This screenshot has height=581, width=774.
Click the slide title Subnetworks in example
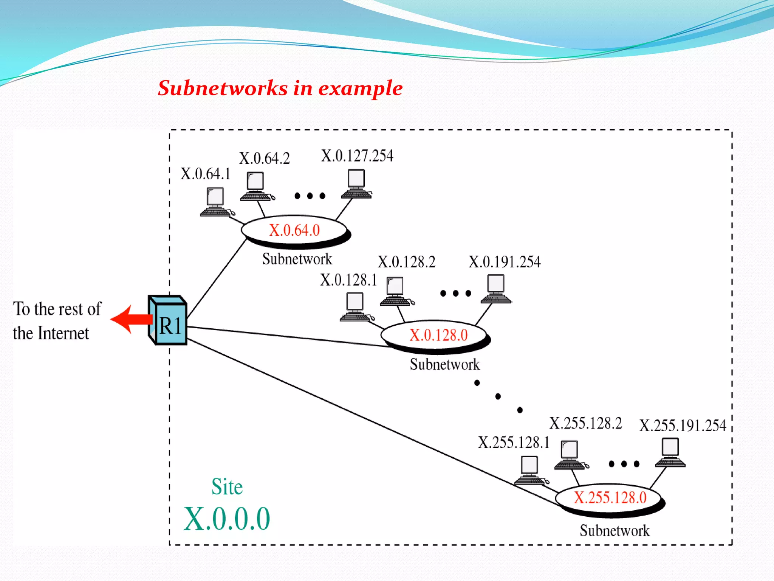280,88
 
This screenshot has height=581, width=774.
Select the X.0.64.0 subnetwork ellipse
294,230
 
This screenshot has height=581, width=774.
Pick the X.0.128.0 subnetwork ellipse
435,335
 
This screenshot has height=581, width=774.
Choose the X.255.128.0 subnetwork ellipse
609,498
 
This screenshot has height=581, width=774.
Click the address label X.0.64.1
205,174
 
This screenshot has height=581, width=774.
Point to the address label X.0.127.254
357,156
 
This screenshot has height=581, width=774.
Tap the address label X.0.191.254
505,262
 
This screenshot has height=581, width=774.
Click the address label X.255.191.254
683,426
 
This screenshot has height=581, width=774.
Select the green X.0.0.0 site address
227,519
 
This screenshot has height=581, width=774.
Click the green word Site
227,487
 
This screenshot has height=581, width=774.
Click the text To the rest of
57,309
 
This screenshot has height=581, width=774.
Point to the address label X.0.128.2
406,262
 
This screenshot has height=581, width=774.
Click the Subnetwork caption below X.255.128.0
615,531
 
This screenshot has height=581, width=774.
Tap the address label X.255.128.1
514,443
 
